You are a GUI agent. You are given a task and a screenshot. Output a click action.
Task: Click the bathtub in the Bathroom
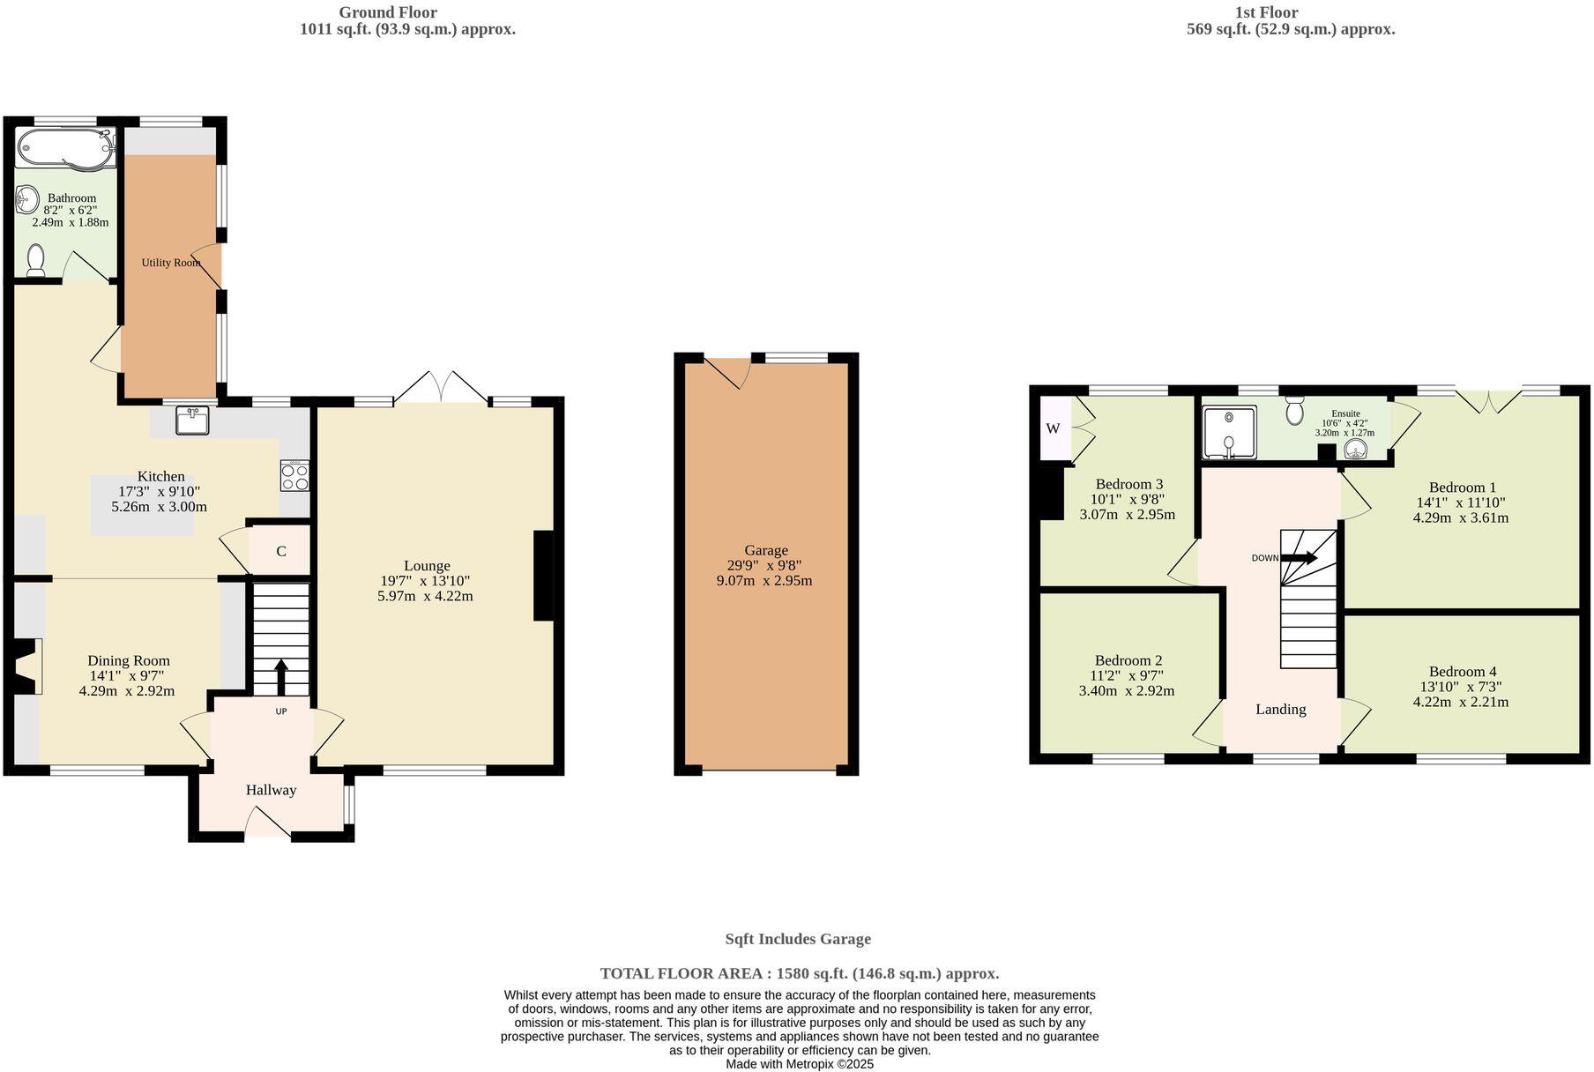point(65,146)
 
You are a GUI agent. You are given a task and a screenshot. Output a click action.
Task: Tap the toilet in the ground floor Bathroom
point(36,260)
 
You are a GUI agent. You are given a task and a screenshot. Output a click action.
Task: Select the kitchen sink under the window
point(191,421)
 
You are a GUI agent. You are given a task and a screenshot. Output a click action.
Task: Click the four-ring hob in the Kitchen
point(295,476)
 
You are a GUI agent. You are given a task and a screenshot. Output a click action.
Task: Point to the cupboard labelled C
point(280,551)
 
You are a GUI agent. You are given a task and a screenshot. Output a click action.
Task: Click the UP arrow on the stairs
point(281,677)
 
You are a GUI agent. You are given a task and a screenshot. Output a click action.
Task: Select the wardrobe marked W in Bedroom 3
point(1054,428)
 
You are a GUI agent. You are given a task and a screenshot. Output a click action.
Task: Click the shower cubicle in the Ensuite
point(1229,432)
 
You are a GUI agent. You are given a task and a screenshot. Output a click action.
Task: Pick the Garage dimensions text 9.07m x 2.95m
point(764,580)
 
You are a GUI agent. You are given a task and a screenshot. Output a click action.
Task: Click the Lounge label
point(427,566)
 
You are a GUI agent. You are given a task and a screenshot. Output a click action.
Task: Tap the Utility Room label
point(170,263)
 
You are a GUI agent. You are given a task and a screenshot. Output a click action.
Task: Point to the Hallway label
point(271,790)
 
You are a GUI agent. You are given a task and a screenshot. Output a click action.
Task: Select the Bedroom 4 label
point(1463,671)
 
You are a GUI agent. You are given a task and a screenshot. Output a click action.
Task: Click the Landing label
point(1280,709)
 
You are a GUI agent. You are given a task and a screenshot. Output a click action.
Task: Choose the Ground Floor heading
point(388,12)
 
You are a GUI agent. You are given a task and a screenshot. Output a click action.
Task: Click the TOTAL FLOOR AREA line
point(799,973)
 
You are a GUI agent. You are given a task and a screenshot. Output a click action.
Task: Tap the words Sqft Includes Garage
point(797,939)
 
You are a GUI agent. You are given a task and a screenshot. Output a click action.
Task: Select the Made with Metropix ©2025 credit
point(799,1064)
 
